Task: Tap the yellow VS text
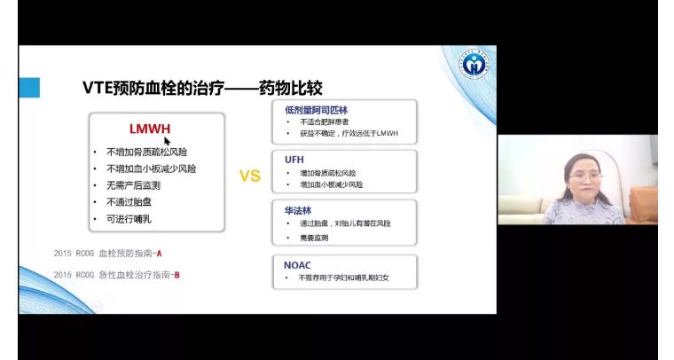tap(250, 176)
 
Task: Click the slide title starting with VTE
tap(201, 89)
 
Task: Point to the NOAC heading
tap(298, 264)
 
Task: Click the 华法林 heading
tap(298, 210)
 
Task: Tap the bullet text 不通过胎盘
tap(129, 201)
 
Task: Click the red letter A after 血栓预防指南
tap(159, 254)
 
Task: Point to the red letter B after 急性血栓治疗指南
tap(177, 275)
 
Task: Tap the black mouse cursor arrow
tap(167, 141)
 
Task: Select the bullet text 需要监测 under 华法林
tap(311, 239)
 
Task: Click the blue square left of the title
tap(29, 88)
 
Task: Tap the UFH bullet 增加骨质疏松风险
tap(327, 173)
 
